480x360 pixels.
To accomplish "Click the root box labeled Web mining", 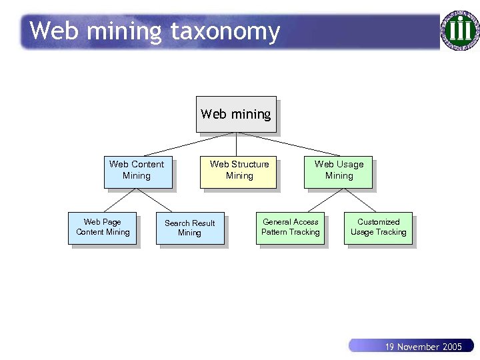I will coord(236,114).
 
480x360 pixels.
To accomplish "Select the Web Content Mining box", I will coord(137,171).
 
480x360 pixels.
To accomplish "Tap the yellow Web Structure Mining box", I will coord(239,171).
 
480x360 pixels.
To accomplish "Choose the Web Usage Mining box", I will coord(339,171).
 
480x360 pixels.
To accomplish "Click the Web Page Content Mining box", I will coord(103,227).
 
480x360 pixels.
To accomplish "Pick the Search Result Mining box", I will coord(190,228).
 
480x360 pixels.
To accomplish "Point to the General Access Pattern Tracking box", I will coord(291,227).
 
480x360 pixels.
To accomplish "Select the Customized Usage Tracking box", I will coord(378,227).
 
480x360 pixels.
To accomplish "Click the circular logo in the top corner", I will coord(459,29).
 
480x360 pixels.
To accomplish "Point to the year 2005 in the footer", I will coord(451,347).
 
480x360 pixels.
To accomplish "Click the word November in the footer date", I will coord(417,347).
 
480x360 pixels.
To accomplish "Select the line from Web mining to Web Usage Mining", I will coord(290,144).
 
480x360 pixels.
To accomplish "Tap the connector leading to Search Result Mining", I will coord(164,201).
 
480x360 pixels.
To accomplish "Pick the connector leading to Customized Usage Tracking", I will coord(361,201).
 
